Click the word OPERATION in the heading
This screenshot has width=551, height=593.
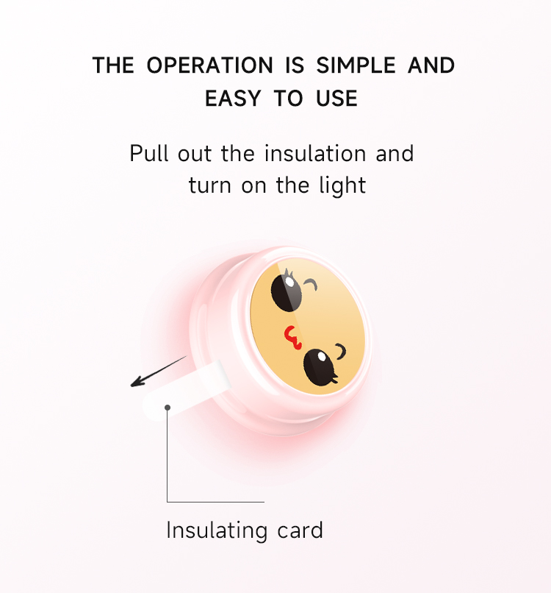pyautogui.click(x=209, y=65)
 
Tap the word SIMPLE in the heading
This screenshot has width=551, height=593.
pyautogui.click(x=356, y=65)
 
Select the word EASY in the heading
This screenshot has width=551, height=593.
pyautogui.click(x=233, y=99)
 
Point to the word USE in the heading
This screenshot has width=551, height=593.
pyautogui.click(x=336, y=99)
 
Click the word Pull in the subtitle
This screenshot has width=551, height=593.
pyautogui.click(x=149, y=153)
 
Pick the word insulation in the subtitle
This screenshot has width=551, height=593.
pyautogui.click(x=315, y=153)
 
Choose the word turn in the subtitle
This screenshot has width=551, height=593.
pyautogui.click(x=209, y=185)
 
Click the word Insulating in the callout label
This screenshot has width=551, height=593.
pyautogui.click(x=217, y=530)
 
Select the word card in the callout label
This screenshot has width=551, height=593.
pyautogui.click(x=300, y=530)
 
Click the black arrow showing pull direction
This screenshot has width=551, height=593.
pyautogui.click(x=158, y=372)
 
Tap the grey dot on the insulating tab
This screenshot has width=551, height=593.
pyautogui.click(x=168, y=408)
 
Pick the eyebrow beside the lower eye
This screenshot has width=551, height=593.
pyautogui.click(x=341, y=352)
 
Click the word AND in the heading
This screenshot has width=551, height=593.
pyautogui.click(x=431, y=65)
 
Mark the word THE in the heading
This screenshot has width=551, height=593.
pyautogui.click(x=113, y=65)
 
